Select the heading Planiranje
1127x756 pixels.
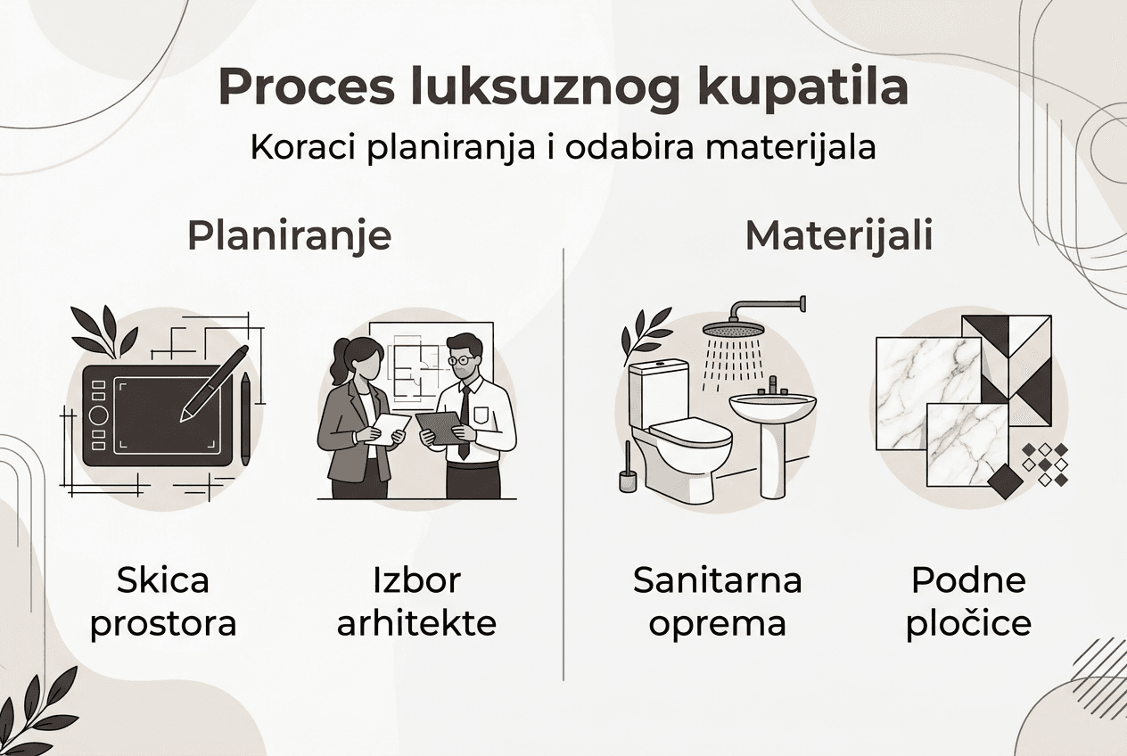point(290,236)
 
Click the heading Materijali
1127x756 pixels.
point(839,236)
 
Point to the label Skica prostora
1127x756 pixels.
point(163,602)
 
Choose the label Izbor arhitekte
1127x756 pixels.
point(416,602)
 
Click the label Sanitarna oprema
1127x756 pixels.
point(718,602)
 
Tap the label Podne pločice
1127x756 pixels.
point(968,602)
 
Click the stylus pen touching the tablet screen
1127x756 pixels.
point(214,383)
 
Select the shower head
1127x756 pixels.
point(733,329)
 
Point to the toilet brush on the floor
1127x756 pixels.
point(628,472)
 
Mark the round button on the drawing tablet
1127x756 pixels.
point(99,415)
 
